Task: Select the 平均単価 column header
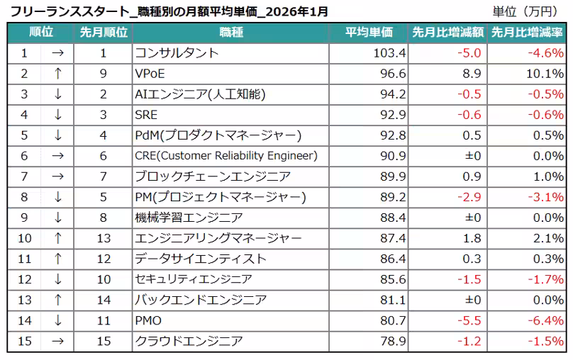pos(369,33)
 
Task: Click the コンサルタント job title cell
pos(177,53)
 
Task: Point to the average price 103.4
pos(389,53)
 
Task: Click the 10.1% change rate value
pos(546,74)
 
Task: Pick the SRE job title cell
pos(146,115)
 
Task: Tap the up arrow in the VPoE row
pos(58,74)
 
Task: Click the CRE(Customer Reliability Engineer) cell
pos(226,156)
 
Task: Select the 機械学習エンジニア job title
pos(189,218)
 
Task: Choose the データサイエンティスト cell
pos(201,259)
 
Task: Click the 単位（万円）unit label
pos(528,12)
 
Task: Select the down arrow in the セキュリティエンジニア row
pos(58,279)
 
